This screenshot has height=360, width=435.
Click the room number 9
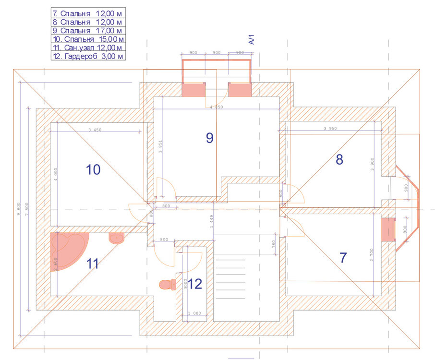(x=209, y=138)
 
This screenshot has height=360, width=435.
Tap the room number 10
(x=93, y=169)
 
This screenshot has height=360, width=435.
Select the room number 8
(x=339, y=160)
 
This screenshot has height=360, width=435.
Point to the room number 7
(x=343, y=258)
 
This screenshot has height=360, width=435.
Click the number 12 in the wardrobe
(x=194, y=284)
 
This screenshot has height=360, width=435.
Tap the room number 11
(x=93, y=264)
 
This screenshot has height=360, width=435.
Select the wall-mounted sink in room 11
(x=117, y=238)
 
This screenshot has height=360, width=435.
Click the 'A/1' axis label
(x=251, y=39)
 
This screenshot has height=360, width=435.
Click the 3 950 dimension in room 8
(x=331, y=128)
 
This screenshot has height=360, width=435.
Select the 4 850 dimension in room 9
(x=216, y=107)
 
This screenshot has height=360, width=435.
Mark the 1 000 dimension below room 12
(x=194, y=313)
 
